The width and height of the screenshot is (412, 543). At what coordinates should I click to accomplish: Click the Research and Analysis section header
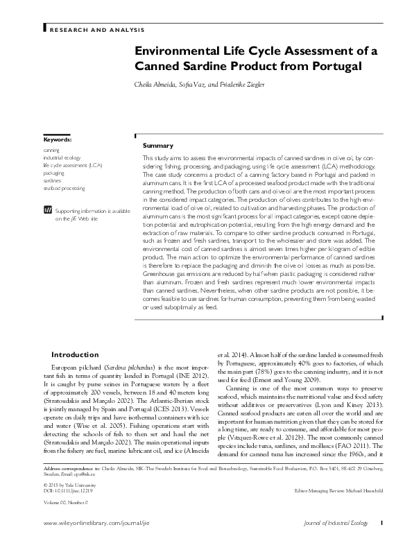pyautogui.click(x=96, y=30)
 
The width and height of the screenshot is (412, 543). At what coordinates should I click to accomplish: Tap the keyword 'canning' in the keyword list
pyautogui.click(x=51, y=150)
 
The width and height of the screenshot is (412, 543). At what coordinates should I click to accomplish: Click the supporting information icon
pyautogui.click(x=47, y=209)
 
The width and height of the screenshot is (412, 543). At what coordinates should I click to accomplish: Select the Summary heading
pyautogui.click(x=157, y=146)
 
